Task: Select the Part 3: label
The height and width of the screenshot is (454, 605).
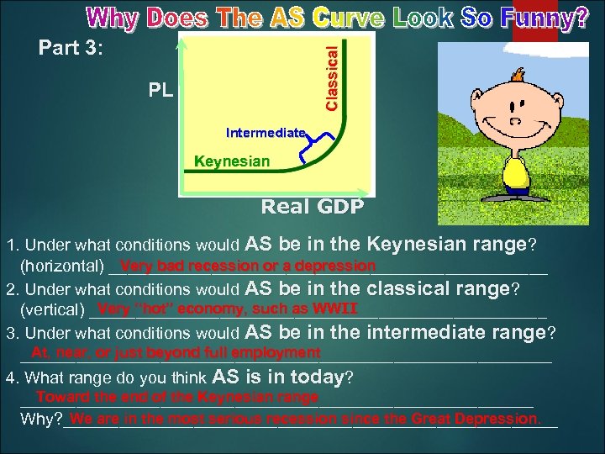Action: point(71,48)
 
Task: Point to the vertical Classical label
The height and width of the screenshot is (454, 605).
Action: point(333,69)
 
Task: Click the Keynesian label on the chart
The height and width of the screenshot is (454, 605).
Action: point(232,161)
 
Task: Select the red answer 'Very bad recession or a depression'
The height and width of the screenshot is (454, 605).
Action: point(247,266)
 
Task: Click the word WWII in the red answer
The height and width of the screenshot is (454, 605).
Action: point(334,308)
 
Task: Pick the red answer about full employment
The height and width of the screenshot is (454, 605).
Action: point(176,352)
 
